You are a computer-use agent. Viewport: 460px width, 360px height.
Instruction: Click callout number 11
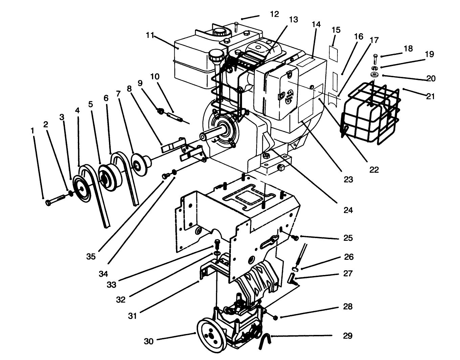[x=150, y=35]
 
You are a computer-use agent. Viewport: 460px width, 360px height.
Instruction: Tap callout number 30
[x=149, y=341]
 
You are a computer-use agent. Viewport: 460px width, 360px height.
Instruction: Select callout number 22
[x=374, y=170]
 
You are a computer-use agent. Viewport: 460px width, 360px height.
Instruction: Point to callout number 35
[x=90, y=256]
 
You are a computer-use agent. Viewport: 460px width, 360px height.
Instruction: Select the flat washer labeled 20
[x=375, y=75]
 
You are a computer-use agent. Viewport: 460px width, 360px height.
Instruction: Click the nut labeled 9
[x=161, y=111]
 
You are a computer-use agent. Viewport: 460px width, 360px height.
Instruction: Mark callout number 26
[x=349, y=257]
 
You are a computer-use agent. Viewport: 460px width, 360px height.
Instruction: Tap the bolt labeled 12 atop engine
[x=236, y=26]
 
